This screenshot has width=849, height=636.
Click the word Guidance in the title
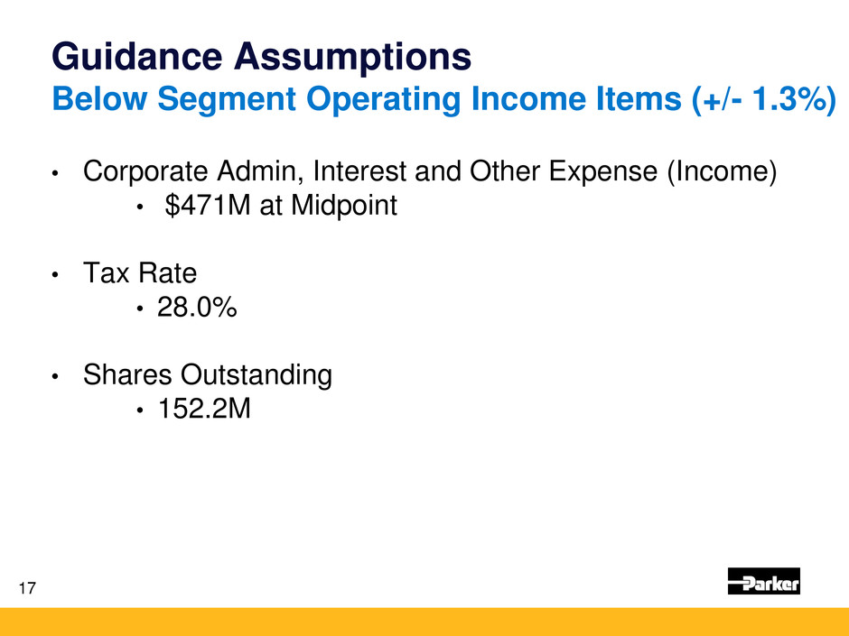pyautogui.click(x=137, y=57)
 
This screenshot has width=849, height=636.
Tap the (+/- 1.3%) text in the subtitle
pyautogui.click(x=764, y=99)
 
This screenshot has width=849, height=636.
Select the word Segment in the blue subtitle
pyautogui.click(x=227, y=100)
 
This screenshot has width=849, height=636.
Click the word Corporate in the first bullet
pyautogui.click(x=145, y=172)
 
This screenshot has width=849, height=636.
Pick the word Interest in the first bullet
pyautogui.click(x=359, y=171)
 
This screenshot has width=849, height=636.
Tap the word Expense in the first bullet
pyautogui.click(x=603, y=172)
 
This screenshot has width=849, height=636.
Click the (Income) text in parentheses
pyautogui.click(x=723, y=172)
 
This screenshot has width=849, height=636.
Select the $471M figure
pyautogui.click(x=208, y=206)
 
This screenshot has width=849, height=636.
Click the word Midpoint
pyautogui.click(x=344, y=206)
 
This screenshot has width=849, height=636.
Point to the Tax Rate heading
pyautogui.click(x=140, y=272)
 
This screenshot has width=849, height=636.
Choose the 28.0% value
pyautogui.click(x=197, y=308)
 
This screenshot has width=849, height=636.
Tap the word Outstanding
pyautogui.click(x=257, y=375)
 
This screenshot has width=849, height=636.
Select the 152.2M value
pyautogui.click(x=204, y=409)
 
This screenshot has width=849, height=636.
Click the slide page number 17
pyautogui.click(x=27, y=588)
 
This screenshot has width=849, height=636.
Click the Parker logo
pyautogui.click(x=763, y=581)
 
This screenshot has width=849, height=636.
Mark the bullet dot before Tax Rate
pyautogui.click(x=55, y=275)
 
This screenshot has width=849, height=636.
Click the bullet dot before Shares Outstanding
pyautogui.click(x=55, y=376)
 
